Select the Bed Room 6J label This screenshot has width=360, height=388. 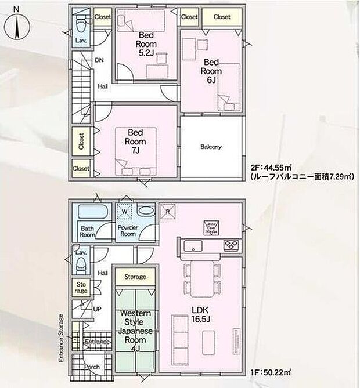(211, 70)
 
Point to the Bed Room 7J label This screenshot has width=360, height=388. (136, 142)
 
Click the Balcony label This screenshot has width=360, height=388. (211, 147)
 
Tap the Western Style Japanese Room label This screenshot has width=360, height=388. (136, 331)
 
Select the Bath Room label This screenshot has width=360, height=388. (88, 231)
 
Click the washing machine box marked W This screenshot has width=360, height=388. (125, 210)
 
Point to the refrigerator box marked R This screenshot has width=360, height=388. (168, 211)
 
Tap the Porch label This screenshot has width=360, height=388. (91, 367)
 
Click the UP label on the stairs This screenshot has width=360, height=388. (98, 309)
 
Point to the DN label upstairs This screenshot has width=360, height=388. (99, 60)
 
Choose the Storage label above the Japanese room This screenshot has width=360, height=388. (135, 277)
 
